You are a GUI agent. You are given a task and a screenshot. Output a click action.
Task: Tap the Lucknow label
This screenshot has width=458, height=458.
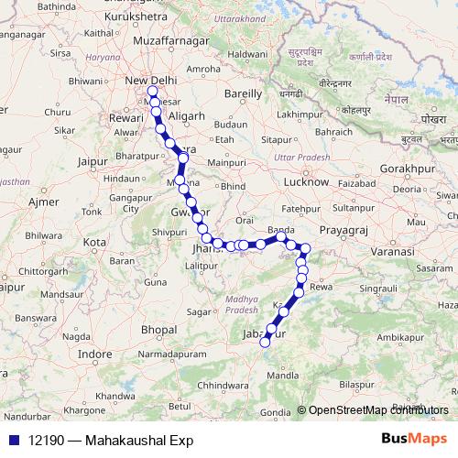pos(306,182)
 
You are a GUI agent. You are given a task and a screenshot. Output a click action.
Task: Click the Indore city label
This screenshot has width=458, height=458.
pos(95,353)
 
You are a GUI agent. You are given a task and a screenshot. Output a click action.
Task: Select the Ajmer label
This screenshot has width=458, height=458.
pos(44,201)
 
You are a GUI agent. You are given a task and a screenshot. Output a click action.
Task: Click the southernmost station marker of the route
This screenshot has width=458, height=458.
pos(266,343)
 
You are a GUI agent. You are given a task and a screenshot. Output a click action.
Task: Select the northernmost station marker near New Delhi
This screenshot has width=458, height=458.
pos(151,92)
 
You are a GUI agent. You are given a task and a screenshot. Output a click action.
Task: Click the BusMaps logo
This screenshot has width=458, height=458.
pos(413,439)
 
